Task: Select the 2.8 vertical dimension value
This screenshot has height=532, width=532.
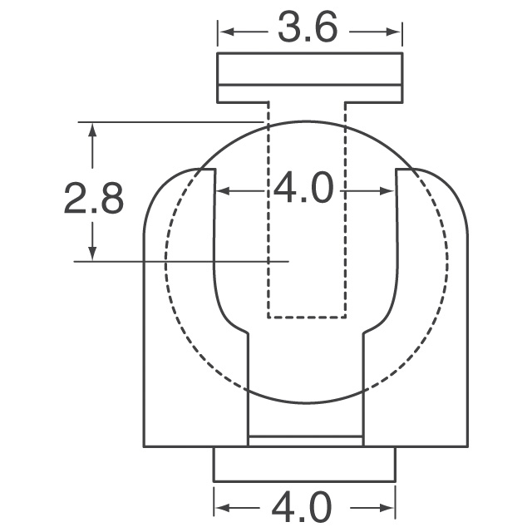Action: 94,199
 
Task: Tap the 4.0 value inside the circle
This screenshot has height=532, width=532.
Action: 304,190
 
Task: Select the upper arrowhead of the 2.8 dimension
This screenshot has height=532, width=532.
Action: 92,130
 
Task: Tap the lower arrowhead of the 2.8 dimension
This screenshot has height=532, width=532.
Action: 92,253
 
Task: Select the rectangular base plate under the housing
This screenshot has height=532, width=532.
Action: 305,464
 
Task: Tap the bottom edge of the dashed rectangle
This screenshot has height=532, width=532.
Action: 307,318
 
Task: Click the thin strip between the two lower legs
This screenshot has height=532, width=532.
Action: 306,441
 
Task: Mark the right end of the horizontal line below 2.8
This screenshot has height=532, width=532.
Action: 288,262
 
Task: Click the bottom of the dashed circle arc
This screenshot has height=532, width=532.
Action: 307,403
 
